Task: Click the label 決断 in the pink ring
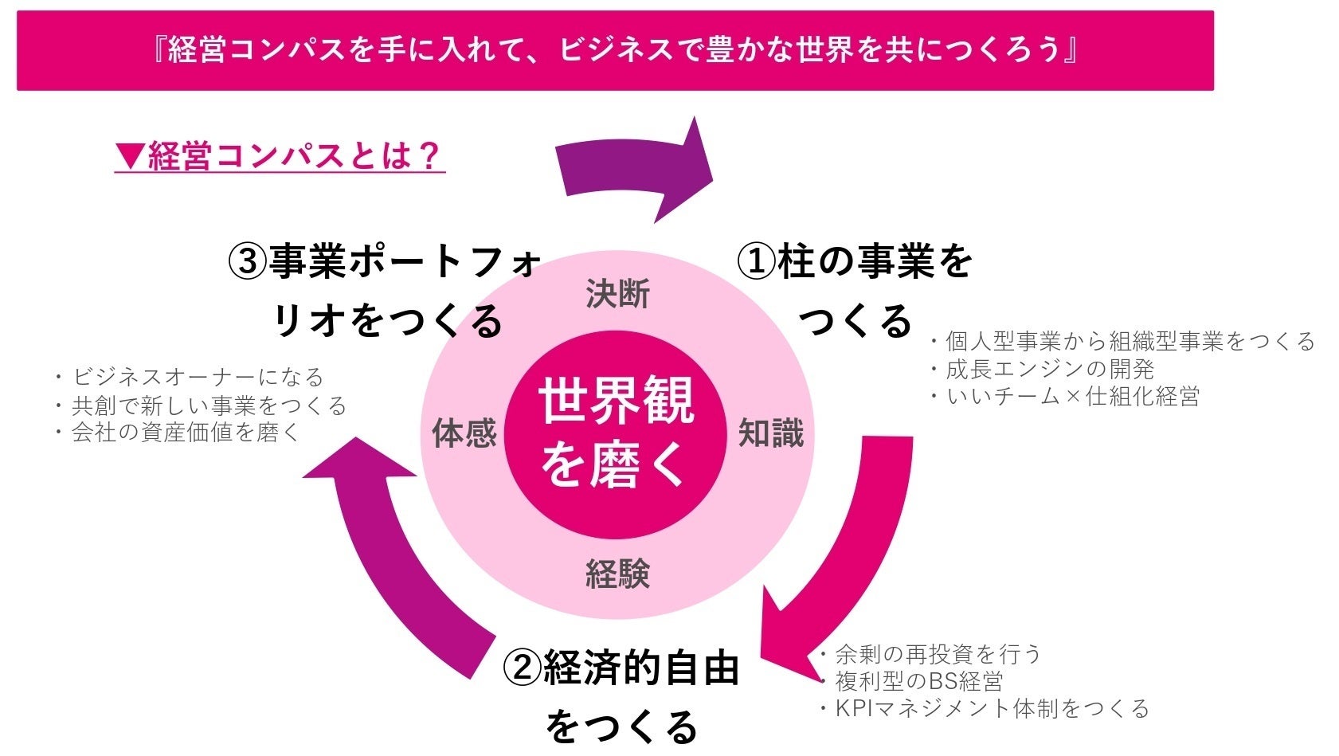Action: click(x=617, y=294)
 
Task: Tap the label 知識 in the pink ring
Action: click(x=770, y=433)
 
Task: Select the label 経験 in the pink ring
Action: click(x=617, y=573)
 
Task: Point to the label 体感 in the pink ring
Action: click(x=464, y=433)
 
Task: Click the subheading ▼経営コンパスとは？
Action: click(x=280, y=155)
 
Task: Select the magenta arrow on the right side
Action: click(x=844, y=558)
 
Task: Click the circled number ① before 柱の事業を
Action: click(x=756, y=261)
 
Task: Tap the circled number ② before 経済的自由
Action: click(x=523, y=668)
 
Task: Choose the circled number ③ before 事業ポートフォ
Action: click(x=248, y=261)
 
